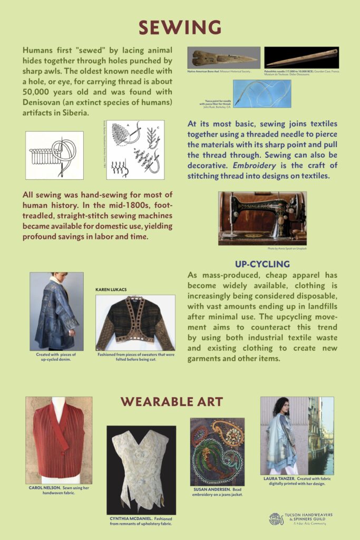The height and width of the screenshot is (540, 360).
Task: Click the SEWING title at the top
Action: point(180,27)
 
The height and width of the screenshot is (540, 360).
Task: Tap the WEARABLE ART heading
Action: point(179,401)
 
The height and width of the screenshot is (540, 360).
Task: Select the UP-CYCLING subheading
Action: point(262,264)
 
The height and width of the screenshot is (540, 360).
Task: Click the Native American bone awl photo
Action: point(223,57)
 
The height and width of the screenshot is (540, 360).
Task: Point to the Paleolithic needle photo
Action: point(301,57)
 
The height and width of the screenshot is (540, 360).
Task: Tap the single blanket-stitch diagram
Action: point(54,155)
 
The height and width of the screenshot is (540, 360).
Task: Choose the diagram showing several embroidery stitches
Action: point(135,150)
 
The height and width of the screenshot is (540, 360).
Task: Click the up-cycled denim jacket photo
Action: point(56,311)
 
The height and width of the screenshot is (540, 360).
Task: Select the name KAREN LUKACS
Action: point(112,290)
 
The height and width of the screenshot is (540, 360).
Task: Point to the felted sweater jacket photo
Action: point(135,323)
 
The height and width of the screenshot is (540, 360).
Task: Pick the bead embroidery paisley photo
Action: point(217,451)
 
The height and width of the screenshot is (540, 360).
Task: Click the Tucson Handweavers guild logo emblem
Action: point(276,519)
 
